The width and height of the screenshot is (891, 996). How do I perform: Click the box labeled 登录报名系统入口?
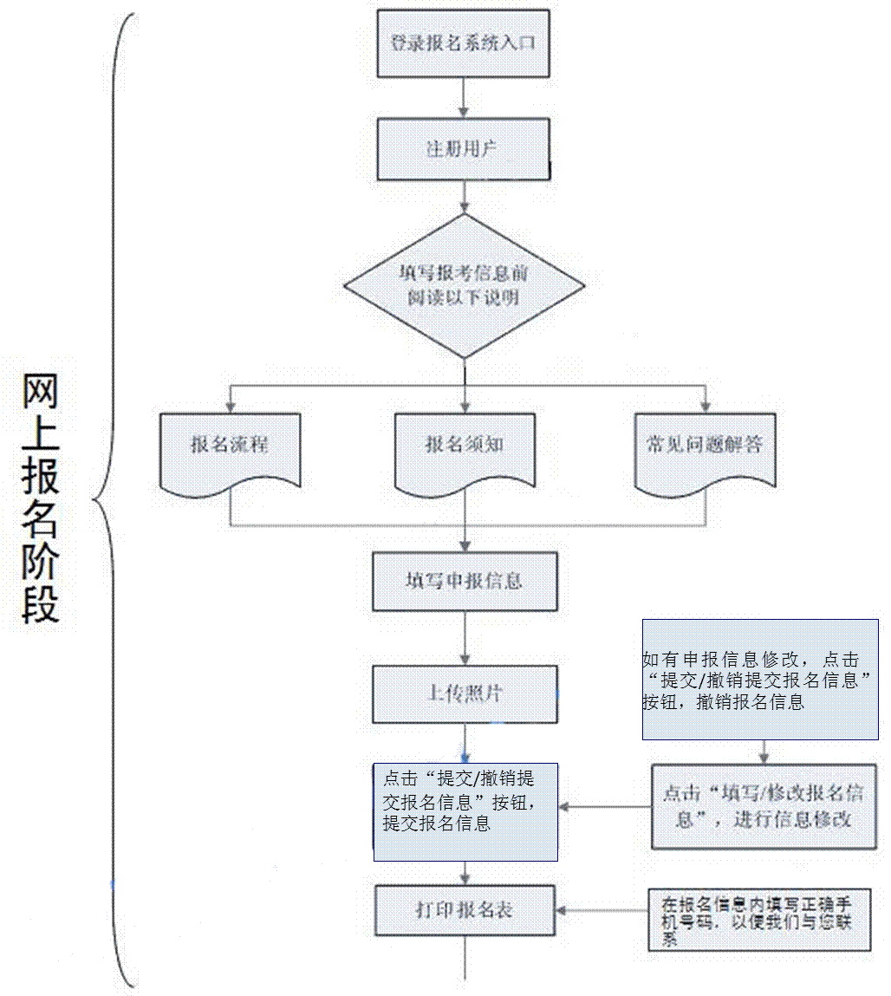[x=464, y=42]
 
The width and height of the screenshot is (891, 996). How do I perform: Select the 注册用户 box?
[x=463, y=149]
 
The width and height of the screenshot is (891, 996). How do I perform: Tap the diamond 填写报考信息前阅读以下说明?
[x=465, y=285]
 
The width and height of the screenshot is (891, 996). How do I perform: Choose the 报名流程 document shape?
[x=230, y=446]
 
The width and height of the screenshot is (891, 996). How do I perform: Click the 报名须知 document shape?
[x=465, y=446]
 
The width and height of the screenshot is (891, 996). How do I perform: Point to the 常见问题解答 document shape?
[x=705, y=446]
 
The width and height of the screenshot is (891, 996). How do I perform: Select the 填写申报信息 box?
[x=465, y=580]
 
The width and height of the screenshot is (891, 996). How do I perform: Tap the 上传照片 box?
[x=465, y=693]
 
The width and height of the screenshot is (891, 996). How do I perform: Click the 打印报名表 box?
[x=465, y=910]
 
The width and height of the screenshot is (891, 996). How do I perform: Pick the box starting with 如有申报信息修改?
[x=760, y=679]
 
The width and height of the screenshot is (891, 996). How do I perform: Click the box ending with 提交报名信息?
[x=465, y=811]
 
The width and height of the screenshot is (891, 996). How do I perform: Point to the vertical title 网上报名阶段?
[x=41, y=499]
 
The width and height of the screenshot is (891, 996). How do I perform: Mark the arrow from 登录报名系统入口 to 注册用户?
[x=464, y=97]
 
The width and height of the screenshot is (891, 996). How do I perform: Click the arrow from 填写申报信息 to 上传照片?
[x=465, y=638]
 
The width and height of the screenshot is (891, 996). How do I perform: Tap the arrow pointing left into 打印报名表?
[x=602, y=910]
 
